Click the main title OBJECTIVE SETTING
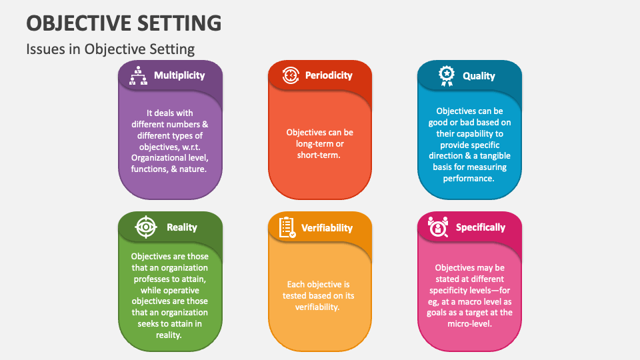124,23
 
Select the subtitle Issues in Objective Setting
110,49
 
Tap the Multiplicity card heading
179,75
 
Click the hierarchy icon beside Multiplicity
139,75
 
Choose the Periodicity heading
329,75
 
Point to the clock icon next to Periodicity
291,75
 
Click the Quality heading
479,76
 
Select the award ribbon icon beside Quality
447,76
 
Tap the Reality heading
181,227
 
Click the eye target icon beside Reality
146,227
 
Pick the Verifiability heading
327,228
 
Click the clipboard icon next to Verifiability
287,227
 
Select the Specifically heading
481,227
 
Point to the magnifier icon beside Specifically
438,227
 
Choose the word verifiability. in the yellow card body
317,307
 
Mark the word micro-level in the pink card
469,324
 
